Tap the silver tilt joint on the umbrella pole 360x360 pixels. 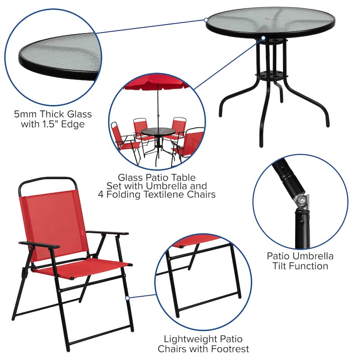click(x=300, y=200)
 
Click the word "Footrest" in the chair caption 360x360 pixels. click(x=229, y=349)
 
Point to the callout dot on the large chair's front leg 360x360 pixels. click(x=127, y=297)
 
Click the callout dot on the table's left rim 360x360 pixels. click(x=206, y=20)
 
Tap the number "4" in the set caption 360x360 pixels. click(x=102, y=194)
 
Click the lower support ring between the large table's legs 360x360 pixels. click(x=270, y=74)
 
